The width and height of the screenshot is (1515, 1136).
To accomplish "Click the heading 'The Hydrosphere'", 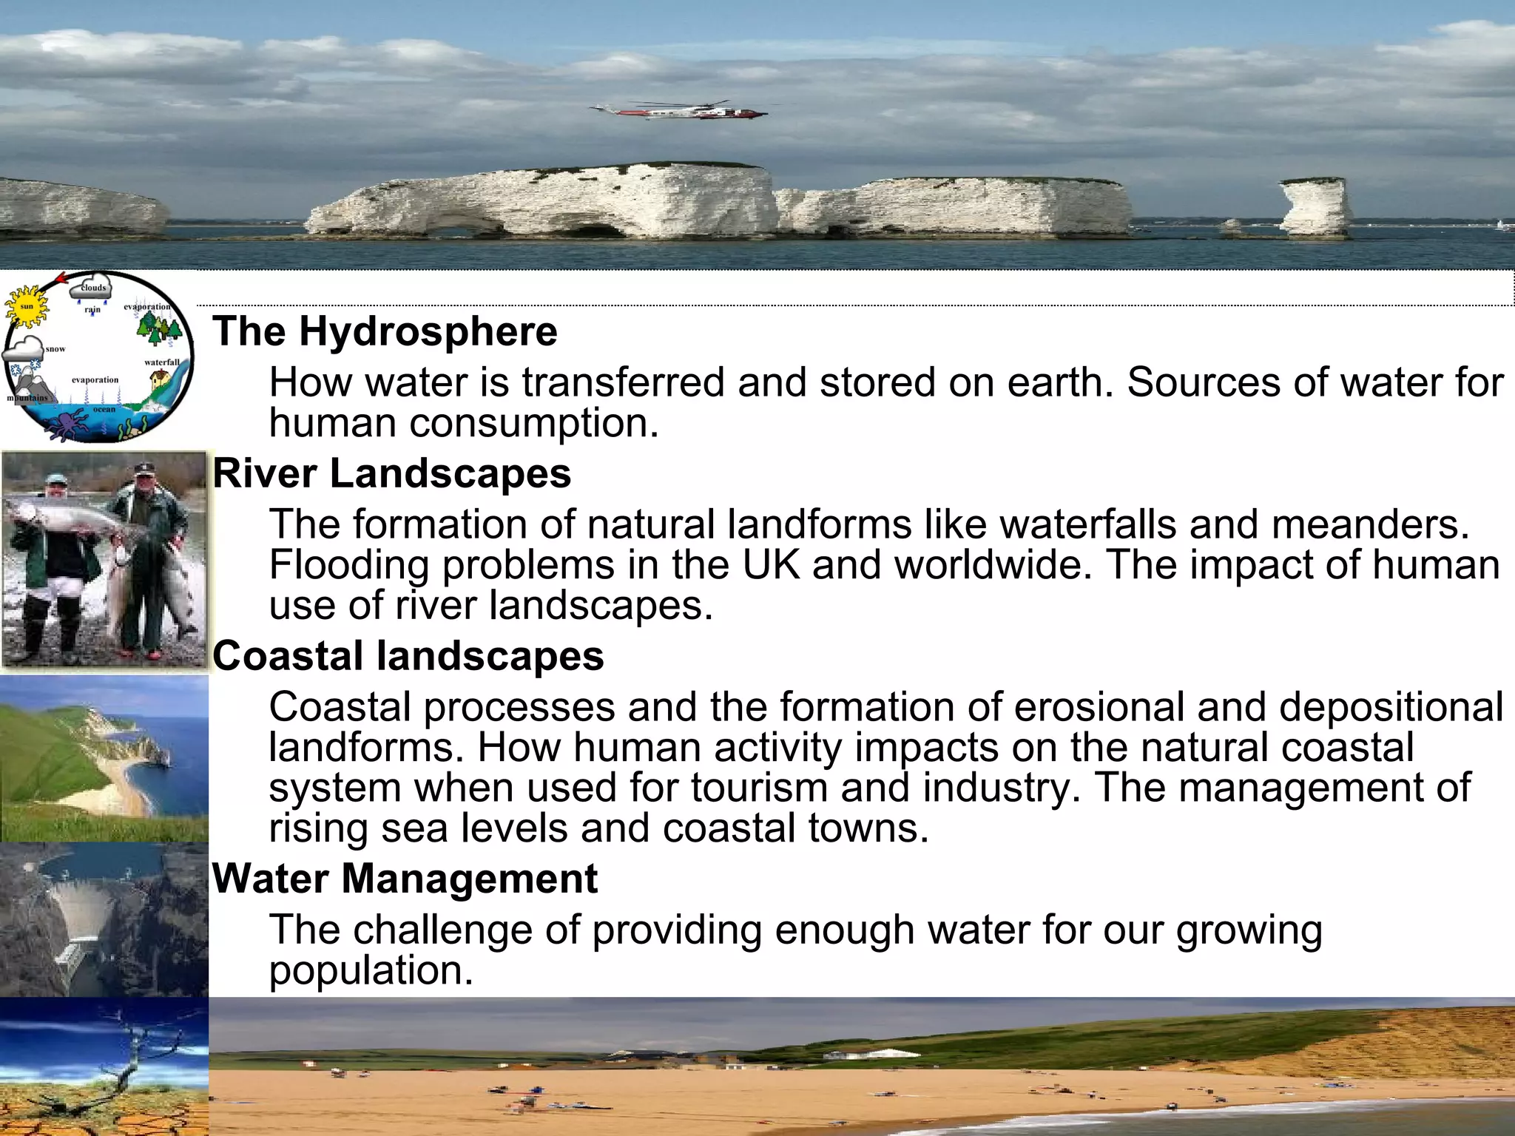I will (385, 331).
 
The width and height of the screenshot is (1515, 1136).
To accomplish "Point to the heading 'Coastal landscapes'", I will (408, 656).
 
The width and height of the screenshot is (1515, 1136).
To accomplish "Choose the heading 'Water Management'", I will (405, 879).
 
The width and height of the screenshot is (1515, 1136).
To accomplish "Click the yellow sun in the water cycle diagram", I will (27, 306).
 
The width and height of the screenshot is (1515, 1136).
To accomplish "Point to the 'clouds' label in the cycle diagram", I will (93, 288).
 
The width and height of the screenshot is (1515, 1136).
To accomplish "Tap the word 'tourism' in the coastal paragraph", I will (759, 788).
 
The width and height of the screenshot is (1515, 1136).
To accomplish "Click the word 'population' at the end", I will (370, 970).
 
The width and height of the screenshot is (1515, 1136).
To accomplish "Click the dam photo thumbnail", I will (104, 920).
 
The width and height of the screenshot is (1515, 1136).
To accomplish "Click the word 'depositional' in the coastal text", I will (1391, 707).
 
